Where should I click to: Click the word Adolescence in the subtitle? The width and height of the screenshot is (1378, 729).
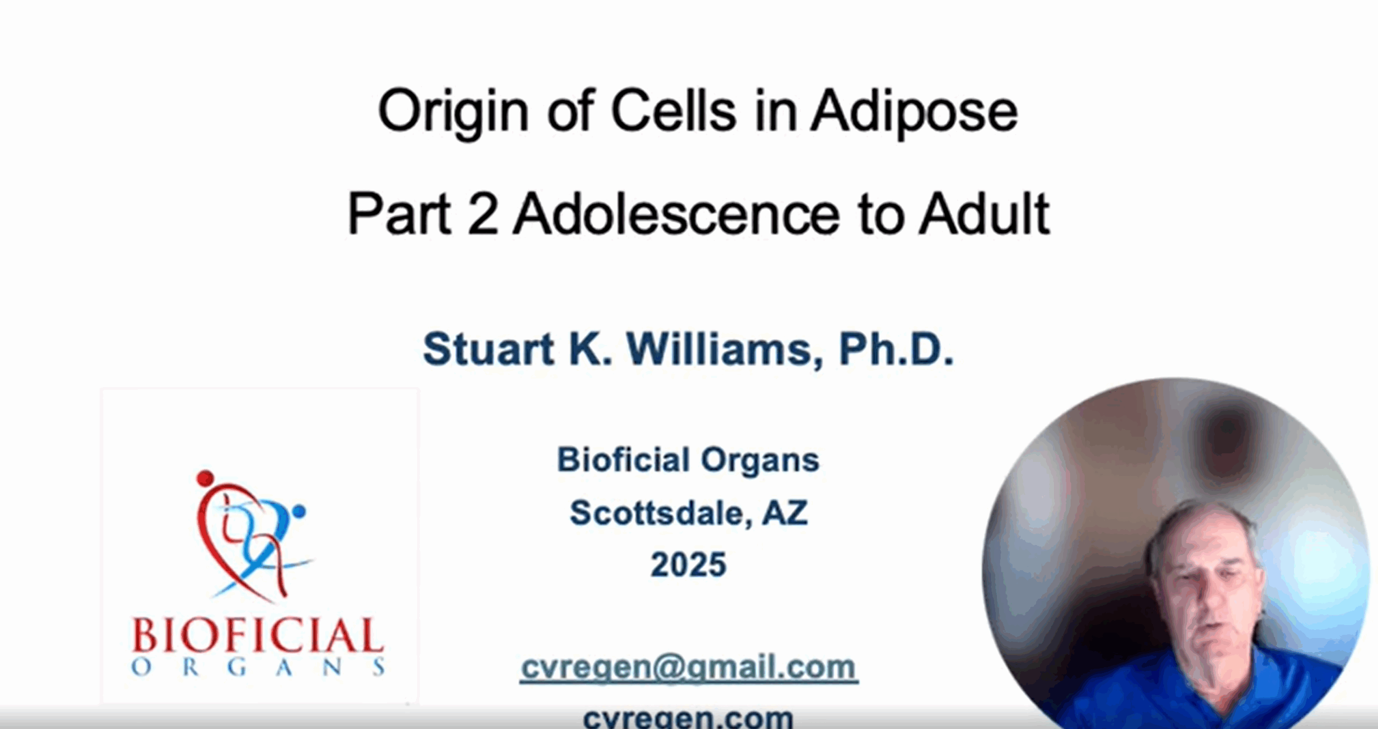[x=676, y=214]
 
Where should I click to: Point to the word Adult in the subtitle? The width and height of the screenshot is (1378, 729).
[x=984, y=214]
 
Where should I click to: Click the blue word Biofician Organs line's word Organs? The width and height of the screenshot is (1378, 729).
[x=760, y=461]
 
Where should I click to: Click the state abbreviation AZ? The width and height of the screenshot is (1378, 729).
[x=785, y=513]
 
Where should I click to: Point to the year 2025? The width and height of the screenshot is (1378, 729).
[x=688, y=565]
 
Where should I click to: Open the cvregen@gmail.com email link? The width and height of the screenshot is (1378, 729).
[x=689, y=668]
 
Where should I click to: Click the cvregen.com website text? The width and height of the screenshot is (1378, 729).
[x=688, y=717]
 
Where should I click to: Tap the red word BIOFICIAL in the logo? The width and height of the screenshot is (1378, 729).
[x=258, y=635]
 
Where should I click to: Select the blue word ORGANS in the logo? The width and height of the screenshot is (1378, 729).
[x=258, y=668]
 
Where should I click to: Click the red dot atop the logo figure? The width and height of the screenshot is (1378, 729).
[x=205, y=478]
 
